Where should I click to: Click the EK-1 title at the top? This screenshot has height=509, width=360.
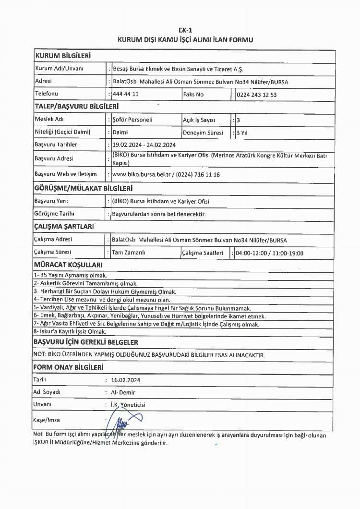tap(185, 30)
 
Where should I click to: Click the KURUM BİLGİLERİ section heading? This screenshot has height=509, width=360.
tap(63, 56)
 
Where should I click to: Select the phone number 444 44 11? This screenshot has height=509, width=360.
tap(125, 94)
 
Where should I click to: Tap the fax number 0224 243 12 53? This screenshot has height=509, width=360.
tap(256, 94)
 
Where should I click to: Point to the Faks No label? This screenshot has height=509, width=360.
tap(193, 94)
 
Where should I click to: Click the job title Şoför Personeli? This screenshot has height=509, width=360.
tap(132, 120)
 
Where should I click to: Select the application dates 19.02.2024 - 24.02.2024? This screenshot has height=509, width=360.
tap(144, 145)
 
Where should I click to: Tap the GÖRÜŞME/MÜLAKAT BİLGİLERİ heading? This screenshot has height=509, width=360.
tap(83, 189)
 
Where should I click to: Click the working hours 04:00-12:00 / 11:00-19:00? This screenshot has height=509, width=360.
tap(269, 253)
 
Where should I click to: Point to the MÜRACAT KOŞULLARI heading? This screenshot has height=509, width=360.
tap(68, 265)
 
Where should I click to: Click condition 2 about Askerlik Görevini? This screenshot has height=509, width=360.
tap(85, 283)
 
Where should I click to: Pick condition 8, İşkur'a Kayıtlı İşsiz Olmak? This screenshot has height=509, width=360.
tap(70, 331)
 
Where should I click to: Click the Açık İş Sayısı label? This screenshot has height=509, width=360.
tap(199, 120)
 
